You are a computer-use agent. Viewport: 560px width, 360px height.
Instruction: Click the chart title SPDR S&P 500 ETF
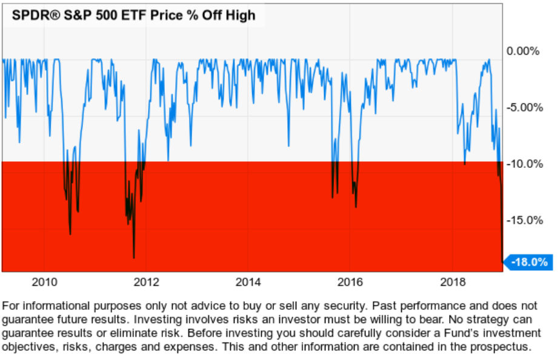pyautogui.click(x=133, y=15)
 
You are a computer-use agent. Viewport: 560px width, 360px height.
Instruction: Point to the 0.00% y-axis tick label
pyautogui.click(x=522, y=51)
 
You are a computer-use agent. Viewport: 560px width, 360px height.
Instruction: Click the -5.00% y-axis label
pyautogui.click(x=522, y=107)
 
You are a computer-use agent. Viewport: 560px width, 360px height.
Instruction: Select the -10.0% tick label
pyautogui.click(x=522, y=164)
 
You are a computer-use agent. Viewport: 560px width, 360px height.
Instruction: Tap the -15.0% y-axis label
pyautogui.click(x=522, y=220)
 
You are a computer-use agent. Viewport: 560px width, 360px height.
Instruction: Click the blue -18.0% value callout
pyautogui.click(x=529, y=262)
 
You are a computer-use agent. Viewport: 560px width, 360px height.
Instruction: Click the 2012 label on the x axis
pyautogui.click(x=146, y=282)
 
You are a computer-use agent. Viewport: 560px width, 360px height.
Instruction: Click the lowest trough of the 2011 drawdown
pyautogui.click(x=134, y=258)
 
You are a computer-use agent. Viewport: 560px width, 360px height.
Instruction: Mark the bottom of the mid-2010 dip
pyautogui.click(x=70, y=234)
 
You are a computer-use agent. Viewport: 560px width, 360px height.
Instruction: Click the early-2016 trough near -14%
pyautogui.click(x=356, y=207)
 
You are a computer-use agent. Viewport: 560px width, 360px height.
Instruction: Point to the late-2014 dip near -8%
pyautogui.click(x=288, y=146)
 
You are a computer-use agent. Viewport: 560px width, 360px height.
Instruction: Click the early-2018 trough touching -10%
pyautogui.click(x=465, y=164)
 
